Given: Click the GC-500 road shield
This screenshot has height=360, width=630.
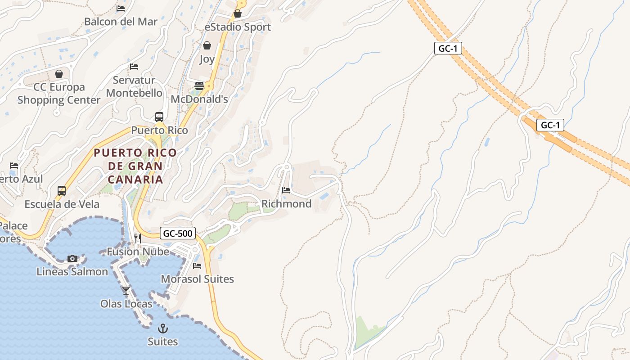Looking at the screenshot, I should [x=178, y=233].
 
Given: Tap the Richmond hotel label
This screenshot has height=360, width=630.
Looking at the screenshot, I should [x=287, y=204].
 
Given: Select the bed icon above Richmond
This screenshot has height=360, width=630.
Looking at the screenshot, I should [x=286, y=190].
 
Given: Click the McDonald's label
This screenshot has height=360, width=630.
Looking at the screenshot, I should [x=199, y=99].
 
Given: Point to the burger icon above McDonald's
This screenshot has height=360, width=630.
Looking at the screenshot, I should [x=199, y=85].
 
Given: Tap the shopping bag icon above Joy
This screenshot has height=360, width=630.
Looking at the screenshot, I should [x=207, y=45].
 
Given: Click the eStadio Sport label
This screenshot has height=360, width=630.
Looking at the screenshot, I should [x=238, y=27].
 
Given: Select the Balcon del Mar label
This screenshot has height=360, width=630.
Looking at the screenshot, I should [x=121, y=22].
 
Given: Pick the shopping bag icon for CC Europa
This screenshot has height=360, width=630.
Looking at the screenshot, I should [x=59, y=74].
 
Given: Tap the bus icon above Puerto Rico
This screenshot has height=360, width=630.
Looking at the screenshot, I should [x=159, y=117].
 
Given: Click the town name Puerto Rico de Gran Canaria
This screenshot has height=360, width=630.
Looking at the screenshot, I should [x=135, y=166].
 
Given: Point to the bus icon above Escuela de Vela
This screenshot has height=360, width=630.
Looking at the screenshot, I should [x=62, y=191].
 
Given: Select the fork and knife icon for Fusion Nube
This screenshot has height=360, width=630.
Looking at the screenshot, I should [x=138, y=238].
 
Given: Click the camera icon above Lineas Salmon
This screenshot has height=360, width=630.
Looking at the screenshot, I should [x=72, y=258].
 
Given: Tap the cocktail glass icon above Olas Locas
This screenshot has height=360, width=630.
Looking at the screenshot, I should [x=126, y=290].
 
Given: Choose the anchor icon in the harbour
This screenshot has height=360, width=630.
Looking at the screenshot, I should [x=163, y=328].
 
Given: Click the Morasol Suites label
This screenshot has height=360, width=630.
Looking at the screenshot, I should [x=198, y=279].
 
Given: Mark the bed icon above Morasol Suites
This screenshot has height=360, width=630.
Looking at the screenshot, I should [x=197, y=265].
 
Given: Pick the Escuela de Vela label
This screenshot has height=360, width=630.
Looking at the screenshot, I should [x=62, y=204].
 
